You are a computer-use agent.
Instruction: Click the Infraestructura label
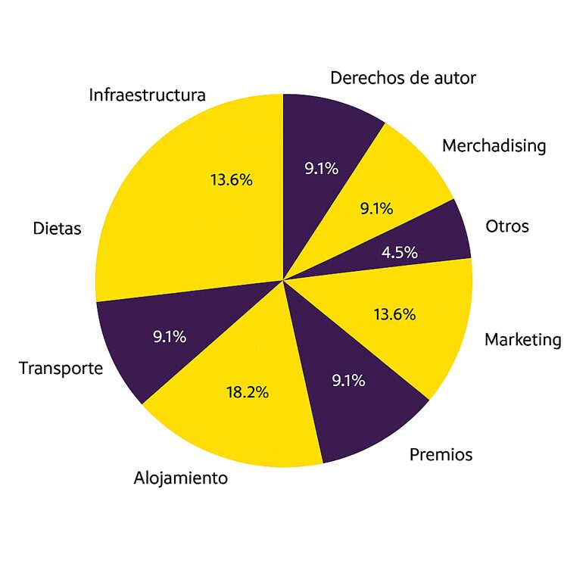[x=148, y=95]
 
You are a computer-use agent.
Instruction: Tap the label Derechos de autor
[x=404, y=77]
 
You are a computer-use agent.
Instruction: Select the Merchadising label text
[x=494, y=145]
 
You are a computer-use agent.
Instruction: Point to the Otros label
[x=507, y=226]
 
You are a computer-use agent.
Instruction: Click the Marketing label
[x=523, y=339]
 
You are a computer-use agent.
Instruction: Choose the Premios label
[x=441, y=454]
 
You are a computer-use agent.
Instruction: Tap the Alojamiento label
[x=181, y=478]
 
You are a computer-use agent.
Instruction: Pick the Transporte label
[x=61, y=369]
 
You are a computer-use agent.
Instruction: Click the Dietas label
[x=57, y=228]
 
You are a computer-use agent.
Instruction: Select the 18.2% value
[x=248, y=392]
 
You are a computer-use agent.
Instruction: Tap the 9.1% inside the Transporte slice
[x=170, y=336]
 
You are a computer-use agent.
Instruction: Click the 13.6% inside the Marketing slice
[x=394, y=314]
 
